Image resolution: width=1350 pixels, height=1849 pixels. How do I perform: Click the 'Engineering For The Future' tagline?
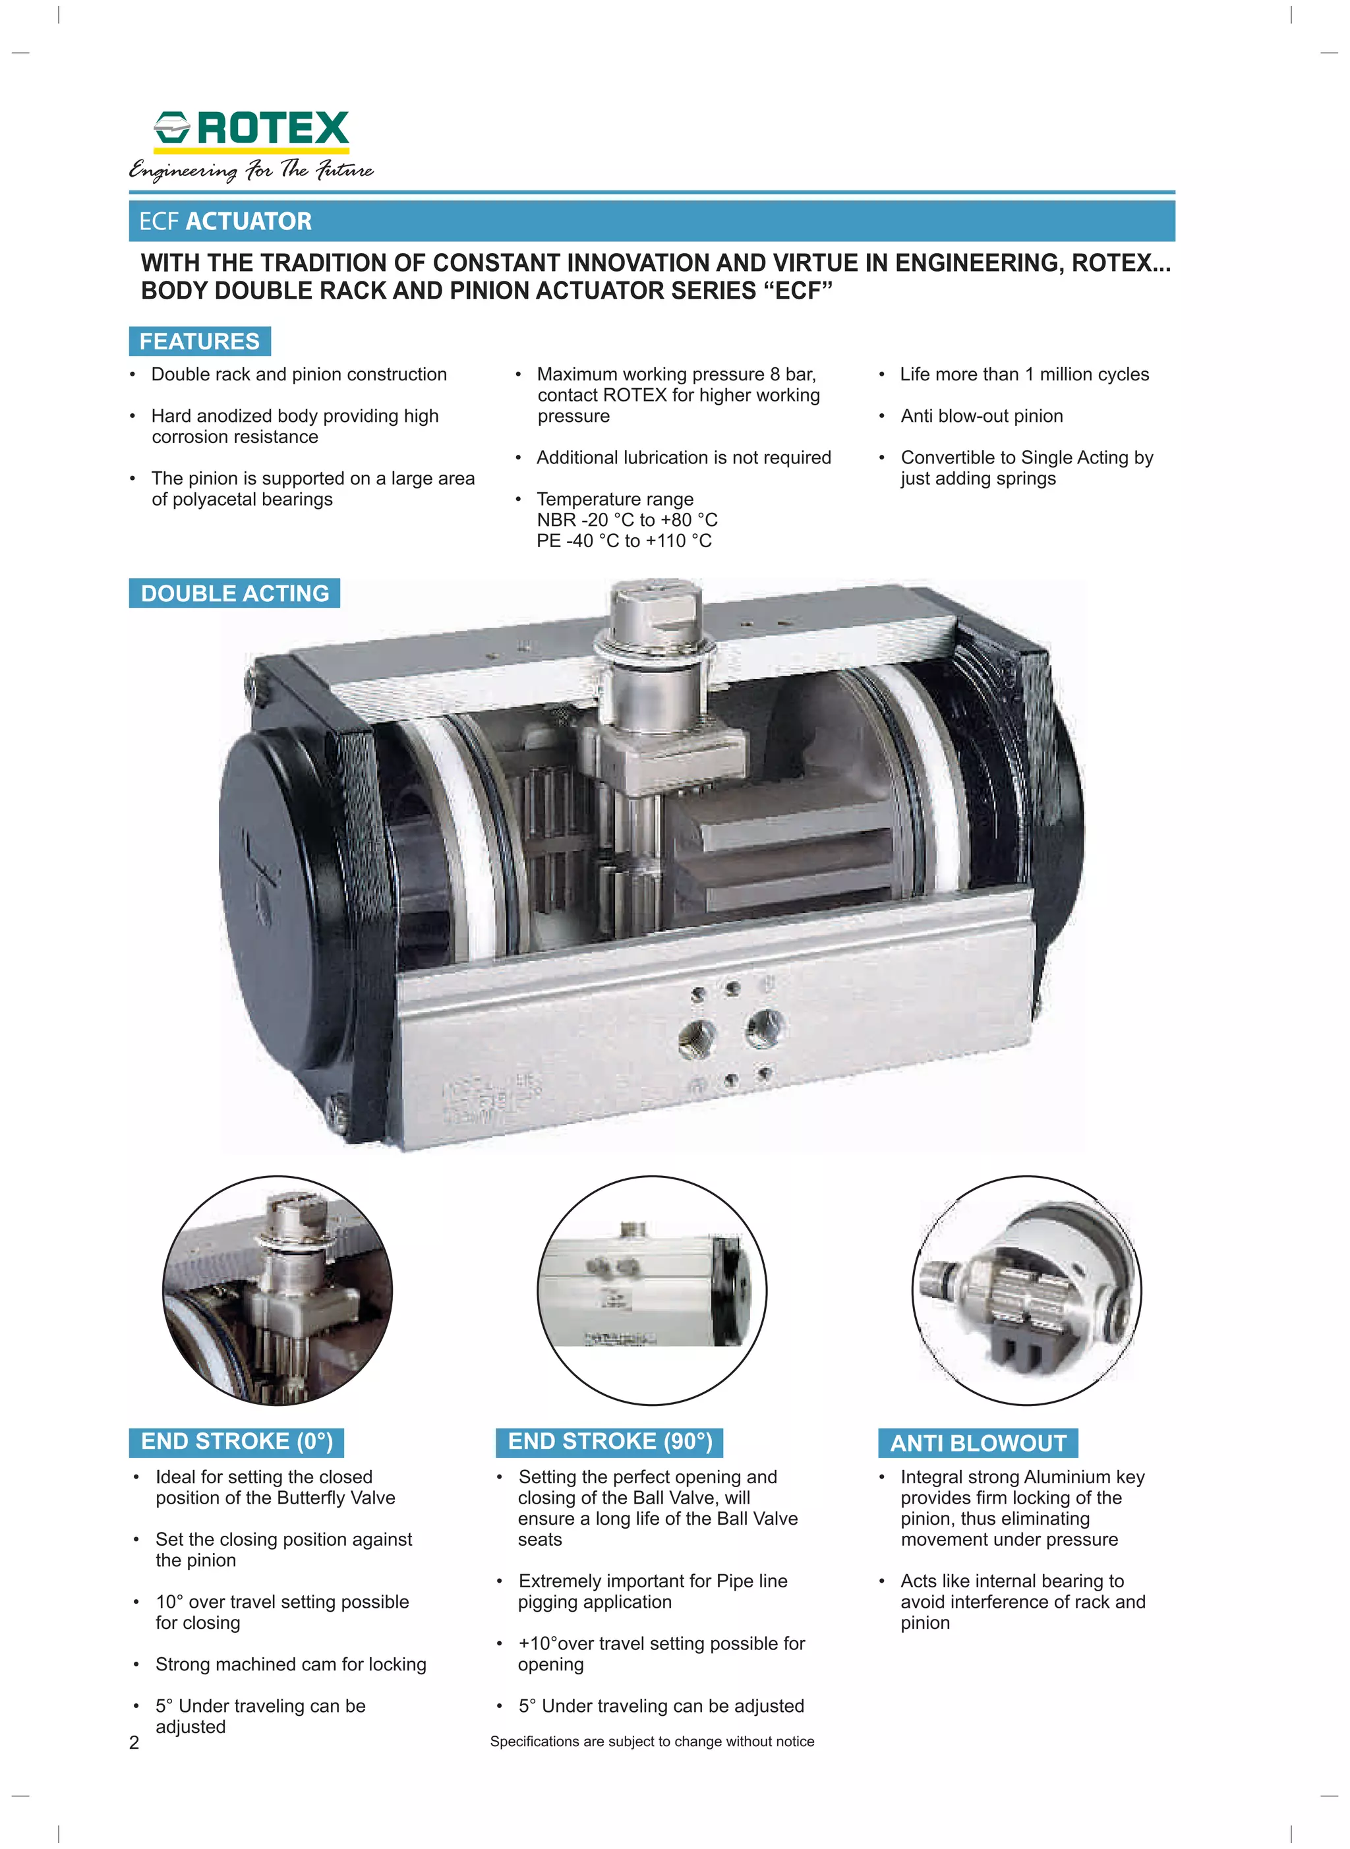coord(251,170)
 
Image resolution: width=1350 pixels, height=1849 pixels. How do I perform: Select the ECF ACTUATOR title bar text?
coord(225,221)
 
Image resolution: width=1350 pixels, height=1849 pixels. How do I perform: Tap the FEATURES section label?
coord(199,341)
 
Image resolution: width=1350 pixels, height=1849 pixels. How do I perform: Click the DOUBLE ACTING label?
coord(235,593)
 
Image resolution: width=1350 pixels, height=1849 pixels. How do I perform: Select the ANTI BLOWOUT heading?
coord(978,1444)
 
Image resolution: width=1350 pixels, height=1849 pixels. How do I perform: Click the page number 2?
coord(134,1743)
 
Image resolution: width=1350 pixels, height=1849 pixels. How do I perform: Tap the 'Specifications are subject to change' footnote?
coord(652,1741)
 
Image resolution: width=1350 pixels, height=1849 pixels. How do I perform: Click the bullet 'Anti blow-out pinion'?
coord(982,416)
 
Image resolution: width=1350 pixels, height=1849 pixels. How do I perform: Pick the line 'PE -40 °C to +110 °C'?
coord(624,541)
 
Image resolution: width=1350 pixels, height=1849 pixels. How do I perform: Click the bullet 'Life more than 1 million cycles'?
coord(1024,374)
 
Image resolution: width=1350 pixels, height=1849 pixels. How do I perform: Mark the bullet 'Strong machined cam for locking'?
coord(291,1664)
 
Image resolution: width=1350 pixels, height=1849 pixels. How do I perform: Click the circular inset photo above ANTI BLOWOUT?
coord(1026,1291)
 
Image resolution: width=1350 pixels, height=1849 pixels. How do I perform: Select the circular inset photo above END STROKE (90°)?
coord(652,1291)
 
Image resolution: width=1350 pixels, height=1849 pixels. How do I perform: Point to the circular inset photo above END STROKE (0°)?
coord(278,1291)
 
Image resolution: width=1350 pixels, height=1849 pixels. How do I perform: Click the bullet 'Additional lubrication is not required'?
coord(683,457)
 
